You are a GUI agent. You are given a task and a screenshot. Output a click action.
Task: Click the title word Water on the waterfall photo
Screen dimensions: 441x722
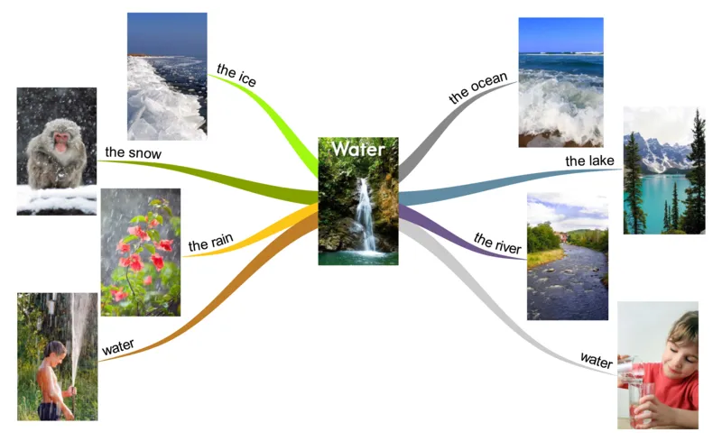coord(358,148)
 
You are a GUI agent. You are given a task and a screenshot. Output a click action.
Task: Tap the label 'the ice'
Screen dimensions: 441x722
coord(236,77)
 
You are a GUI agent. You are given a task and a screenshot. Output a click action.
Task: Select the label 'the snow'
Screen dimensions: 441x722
coord(133,153)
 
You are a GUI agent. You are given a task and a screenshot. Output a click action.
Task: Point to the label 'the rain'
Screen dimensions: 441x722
coord(210,243)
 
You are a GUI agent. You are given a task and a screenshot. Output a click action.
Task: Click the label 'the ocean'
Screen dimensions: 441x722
coord(477,87)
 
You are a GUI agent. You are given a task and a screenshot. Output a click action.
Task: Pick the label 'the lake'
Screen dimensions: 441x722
coord(589,161)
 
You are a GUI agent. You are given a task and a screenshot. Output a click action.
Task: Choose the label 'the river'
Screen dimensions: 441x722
coord(496,243)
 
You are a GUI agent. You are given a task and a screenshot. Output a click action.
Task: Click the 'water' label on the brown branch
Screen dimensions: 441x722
coord(118,346)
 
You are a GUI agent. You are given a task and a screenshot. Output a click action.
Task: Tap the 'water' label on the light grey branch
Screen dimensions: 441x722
coord(597,361)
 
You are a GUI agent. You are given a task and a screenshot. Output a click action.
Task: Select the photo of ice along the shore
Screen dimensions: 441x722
coord(167,77)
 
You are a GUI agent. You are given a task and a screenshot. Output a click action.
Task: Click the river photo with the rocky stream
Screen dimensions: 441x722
coord(567,257)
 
